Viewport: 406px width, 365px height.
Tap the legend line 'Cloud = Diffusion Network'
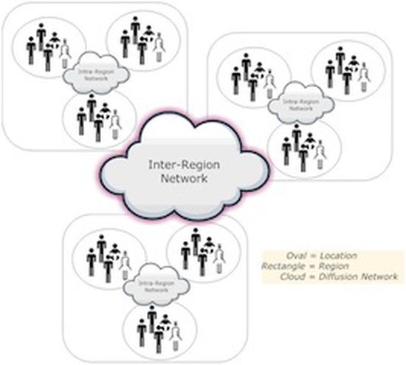click(x=339, y=276)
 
